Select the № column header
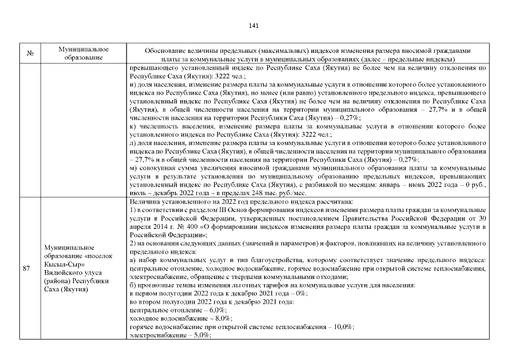coord(30,54)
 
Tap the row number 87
coord(26,268)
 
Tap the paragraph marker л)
coord(133,145)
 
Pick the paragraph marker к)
coord(133,128)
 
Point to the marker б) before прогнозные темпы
coord(133,286)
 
